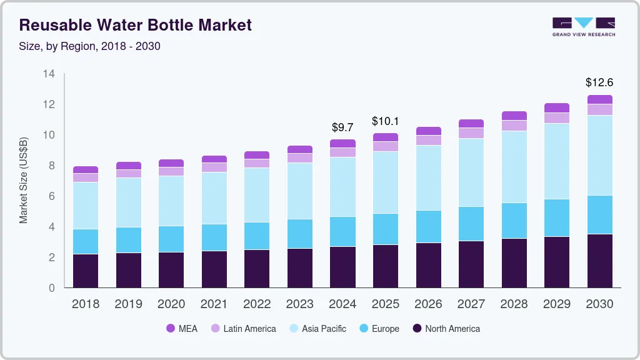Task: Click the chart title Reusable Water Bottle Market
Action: (x=136, y=25)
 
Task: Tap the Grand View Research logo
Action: (x=583, y=26)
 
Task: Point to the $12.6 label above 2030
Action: (x=599, y=82)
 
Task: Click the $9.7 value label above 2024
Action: (x=342, y=127)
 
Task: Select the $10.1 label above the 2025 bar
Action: (x=385, y=121)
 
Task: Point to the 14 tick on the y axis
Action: (x=49, y=74)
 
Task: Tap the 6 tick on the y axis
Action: (x=52, y=196)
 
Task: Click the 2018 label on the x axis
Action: (x=85, y=304)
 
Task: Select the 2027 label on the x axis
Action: (x=471, y=304)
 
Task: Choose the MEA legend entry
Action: (x=181, y=329)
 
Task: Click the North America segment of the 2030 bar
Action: (x=599, y=261)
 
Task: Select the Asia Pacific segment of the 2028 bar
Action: (x=514, y=167)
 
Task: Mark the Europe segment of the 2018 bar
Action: (x=86, y=241)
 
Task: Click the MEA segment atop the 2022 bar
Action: (x=257, y=155)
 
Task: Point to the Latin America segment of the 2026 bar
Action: (x=428, y=140)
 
